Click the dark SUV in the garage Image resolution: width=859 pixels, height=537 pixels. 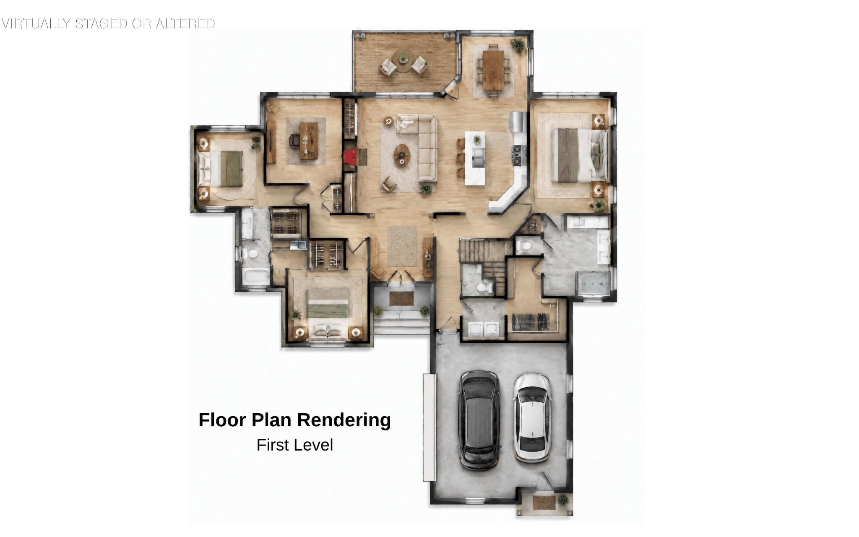tap(479, 420)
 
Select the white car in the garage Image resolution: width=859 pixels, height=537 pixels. tap(532, 418)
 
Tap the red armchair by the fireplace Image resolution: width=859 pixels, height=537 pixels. tap(351, 156)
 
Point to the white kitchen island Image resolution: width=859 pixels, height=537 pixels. tap(475, 158)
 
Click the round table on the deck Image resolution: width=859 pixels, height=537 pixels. tap(403, 59)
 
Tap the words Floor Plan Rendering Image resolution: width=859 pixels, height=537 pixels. tap(294, 420)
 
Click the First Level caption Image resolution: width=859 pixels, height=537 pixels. tap(294, 445)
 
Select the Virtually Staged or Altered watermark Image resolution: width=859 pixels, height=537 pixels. tap(108, 23)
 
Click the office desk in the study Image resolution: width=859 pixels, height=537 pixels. tap(308, 141)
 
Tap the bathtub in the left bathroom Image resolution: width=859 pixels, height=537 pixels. tap(256, 277)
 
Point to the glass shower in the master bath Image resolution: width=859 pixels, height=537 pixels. tap(593, 284)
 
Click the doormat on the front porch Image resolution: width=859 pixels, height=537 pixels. tap(401, 298)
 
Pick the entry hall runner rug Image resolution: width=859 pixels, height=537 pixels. tap(403, 246)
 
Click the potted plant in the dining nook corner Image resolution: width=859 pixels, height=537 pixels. tap(518, 44)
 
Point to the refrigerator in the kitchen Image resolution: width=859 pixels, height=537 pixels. tap(518, 122)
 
